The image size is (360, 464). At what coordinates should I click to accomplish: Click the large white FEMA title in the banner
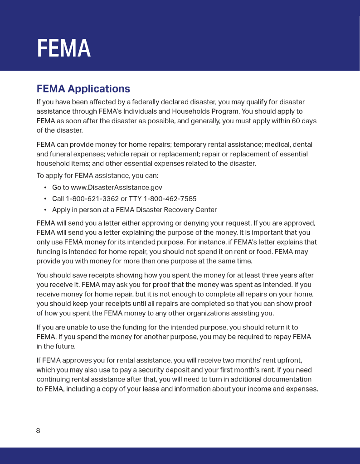[x=63, y=48]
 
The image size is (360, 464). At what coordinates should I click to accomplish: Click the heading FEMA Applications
[x=83, y=89]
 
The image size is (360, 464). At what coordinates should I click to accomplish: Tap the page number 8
[x=38, y=430]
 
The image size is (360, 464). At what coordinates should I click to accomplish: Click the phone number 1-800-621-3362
[x=92, y=198]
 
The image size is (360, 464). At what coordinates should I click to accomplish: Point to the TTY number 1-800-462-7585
[x=170, y=198]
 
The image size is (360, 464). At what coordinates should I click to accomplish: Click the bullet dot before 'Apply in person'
[x=45, y=210]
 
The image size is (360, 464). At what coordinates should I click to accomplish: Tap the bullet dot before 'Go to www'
[x=45, y=188]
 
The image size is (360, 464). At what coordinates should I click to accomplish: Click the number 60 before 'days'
[x=296, y=121]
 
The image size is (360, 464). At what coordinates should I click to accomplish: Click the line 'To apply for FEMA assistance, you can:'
[x=97, y=176]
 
